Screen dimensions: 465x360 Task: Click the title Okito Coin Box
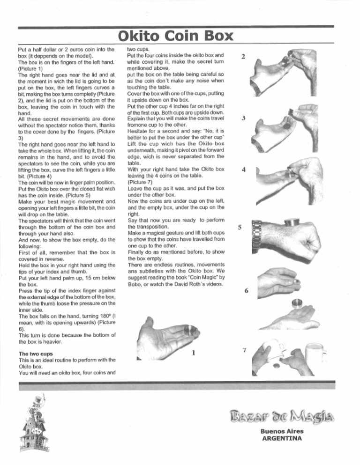[175, 36]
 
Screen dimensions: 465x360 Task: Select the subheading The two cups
[36, 354]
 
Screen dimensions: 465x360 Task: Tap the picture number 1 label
[194, 353]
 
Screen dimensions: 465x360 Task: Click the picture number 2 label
[243, 57]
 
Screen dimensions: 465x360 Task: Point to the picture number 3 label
[243, 118]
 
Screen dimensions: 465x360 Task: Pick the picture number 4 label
[243, 170]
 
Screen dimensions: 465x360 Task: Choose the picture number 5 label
[240, 228]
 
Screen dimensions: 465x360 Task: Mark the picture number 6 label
[247, 291]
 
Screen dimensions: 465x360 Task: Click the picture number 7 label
[244, 351]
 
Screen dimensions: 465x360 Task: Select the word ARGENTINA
[282, 439]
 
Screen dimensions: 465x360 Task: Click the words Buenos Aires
[282, 431]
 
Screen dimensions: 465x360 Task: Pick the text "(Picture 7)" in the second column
[142, 182]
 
